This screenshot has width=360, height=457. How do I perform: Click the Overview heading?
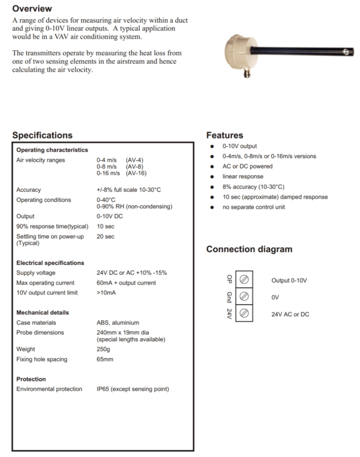[x=32, y=9]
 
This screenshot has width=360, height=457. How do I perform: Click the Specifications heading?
[x=42, y=136]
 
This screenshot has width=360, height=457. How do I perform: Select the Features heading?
[x=224, y=136]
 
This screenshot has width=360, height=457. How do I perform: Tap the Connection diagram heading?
[x=249, y=249]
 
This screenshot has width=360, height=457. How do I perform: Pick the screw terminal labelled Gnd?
[x=244, y=297]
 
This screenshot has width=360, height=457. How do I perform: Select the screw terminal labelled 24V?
[x=244, y=314]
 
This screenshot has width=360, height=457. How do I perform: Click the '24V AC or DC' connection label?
[x=291, y=314]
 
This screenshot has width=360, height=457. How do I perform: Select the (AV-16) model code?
[x=136, y=173]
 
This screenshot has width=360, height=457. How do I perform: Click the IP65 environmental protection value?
[x=133, y=389]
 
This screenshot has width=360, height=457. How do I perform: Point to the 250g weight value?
[x=103, y=349]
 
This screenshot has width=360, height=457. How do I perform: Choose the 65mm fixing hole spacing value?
[x=105, y=359]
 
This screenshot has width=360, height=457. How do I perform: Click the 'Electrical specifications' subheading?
[x=50, y=263]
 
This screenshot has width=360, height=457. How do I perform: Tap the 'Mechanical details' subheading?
[x=43, y=312]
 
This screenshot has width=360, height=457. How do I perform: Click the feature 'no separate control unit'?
[x=254, y=208]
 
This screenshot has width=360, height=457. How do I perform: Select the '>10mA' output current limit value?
[x=106, y=293]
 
